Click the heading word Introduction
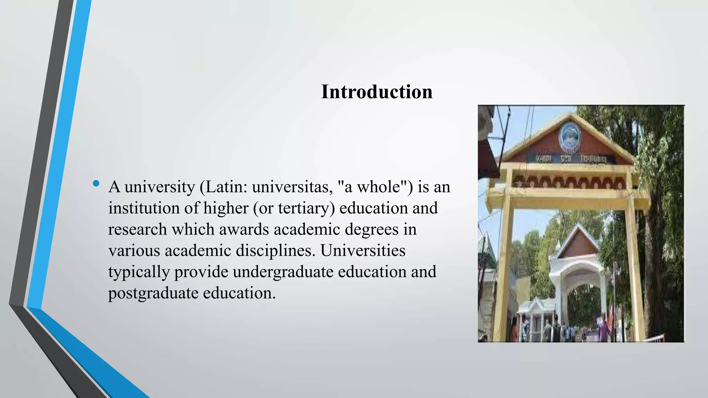376,92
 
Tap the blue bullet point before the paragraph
96,183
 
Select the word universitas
292,187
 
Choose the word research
137,229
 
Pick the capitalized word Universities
363,250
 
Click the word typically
139,272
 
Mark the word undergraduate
283,272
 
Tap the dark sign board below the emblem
570,159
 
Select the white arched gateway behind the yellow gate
577,276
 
